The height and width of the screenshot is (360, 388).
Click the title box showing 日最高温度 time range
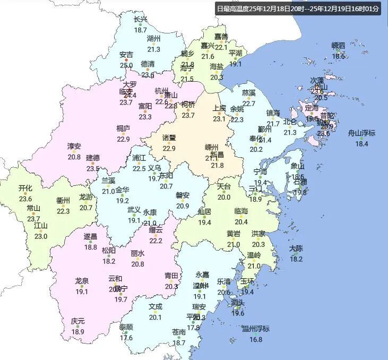click(x=298, y=8)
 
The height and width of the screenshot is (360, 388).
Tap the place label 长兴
click(x=140, y=20)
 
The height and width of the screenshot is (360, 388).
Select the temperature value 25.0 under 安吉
click(x=126, y=65)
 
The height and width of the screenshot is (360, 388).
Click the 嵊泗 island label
click(x=338, y=45)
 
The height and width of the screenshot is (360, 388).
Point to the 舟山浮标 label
click(x=361, y=133)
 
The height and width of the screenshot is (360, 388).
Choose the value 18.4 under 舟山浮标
click(x=361, y=143)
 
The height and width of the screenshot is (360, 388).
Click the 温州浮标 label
click(x=256, y=329)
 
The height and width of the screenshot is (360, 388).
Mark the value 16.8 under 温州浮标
click(x=256, y=339)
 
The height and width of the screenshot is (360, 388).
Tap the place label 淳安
click(x=74, y=146)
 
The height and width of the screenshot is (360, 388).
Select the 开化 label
click(x=25, y=188)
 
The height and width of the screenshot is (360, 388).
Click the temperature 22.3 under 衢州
click(x=63, y=211)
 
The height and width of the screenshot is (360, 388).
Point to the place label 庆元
click(x=77, y=321)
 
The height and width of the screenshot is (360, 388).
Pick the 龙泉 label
click(x=82, y=281)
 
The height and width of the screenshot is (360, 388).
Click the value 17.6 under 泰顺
click(x=126, y=338)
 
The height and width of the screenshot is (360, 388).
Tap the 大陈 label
click(x=296, y=248)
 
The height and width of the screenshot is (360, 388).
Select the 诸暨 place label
click(x=169, y=138)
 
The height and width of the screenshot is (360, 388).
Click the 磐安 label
click(x=183, y=195)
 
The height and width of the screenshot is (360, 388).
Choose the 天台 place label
click(x=224, y=186)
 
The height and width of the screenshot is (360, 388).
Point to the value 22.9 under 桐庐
click(x=123, y=139)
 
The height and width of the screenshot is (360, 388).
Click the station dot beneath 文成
click(x=156, y=312)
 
